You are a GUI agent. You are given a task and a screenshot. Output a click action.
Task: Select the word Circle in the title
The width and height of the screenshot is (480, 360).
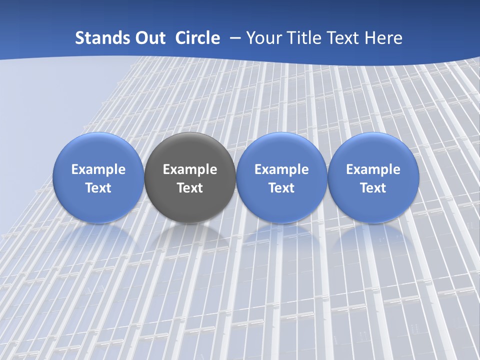197,38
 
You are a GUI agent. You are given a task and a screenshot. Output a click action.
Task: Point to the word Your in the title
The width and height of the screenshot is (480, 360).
262,38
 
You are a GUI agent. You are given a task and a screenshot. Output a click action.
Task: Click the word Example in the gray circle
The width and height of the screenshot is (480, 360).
190,169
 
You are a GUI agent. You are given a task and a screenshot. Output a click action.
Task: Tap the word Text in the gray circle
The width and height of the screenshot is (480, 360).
190,188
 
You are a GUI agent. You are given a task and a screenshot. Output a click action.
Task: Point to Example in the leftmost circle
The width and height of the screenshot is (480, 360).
98,169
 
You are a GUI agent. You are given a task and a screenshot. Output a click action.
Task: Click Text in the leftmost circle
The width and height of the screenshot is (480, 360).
98,188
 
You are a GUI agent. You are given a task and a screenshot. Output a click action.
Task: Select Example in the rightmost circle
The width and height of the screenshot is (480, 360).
373,169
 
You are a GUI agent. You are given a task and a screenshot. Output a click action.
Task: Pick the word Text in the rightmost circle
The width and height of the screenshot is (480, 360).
373,188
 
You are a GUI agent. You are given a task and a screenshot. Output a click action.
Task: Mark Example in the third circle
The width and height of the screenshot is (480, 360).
281,169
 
